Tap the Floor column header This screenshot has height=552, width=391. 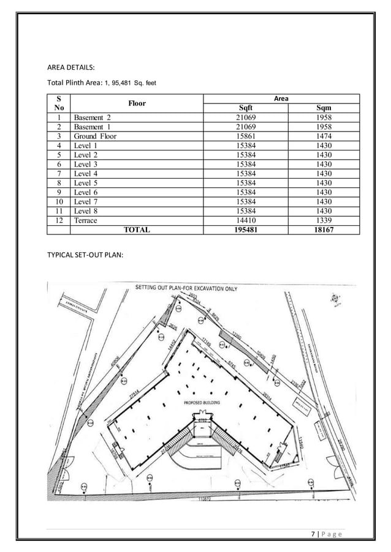[x=136, y=103]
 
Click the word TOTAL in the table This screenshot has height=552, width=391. [x=137, y=230]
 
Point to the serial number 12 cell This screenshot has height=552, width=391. [x=59, y=221]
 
